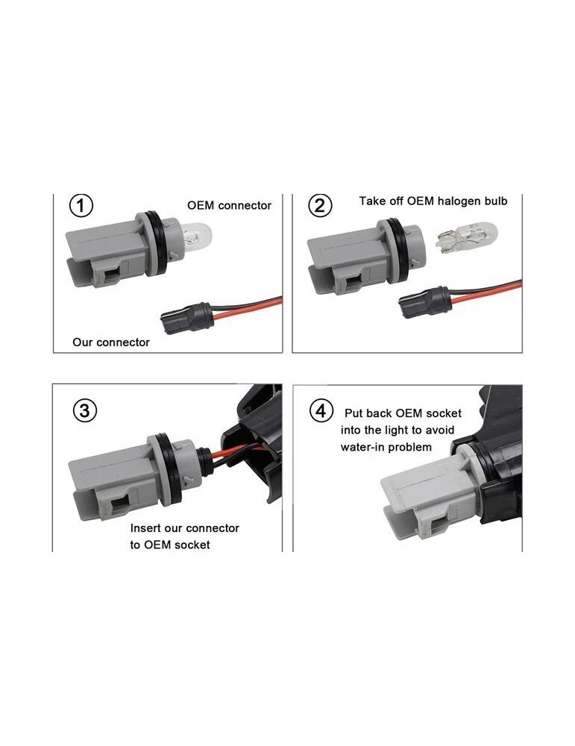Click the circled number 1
(x=81, y=206)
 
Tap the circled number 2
(x=320, y=206)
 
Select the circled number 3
(x=85, y=410)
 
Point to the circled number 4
(x=321, y=410)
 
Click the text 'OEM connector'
(x=229, y=206)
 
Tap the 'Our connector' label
(x=111, y=342)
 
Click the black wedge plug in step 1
(x=187, y=317)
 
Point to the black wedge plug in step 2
(x=425, y=301)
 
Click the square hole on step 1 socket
(x=113, y=275)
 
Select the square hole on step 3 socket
(x=119, y=504)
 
